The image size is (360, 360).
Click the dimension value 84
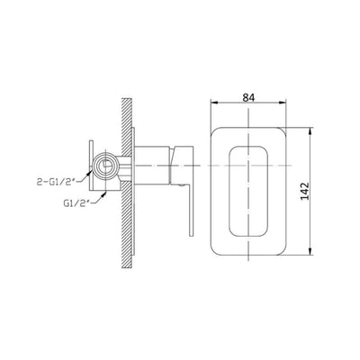click(x=248, y=98)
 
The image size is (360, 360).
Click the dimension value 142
click(x=305, y=191)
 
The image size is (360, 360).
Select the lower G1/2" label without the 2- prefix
click(x=76, y=203)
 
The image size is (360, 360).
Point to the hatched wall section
click(x=127, y=183)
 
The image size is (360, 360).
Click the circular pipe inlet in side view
click(x=105, y=165)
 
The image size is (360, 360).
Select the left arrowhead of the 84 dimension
click(x=214, y=103)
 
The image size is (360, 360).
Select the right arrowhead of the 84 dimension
click(x=283, y=103)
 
